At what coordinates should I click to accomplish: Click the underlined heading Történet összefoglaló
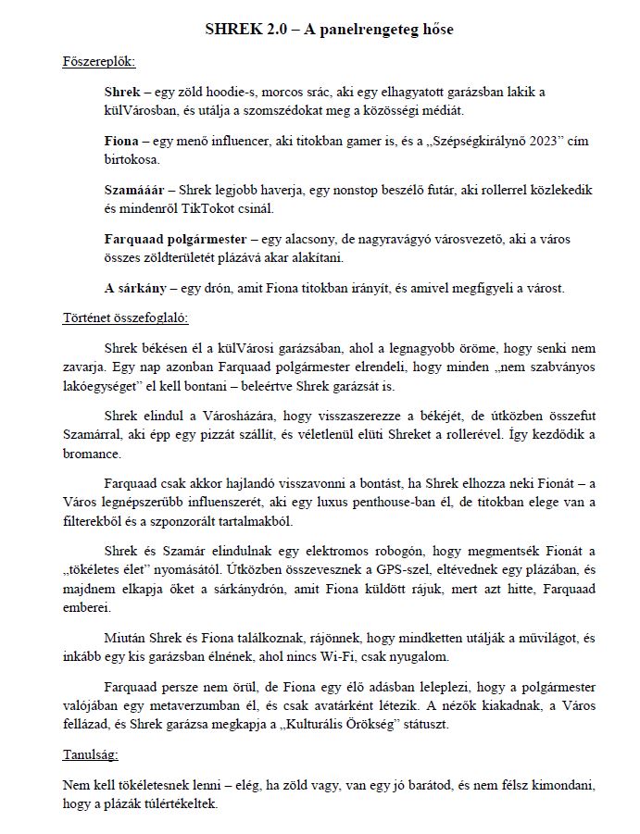pyautogui.click(x=119, y=317)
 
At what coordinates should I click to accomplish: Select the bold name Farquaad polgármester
pyautogui.click(x=175, y=239)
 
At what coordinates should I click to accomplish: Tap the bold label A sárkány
pyautogui.click(x=136, y=288)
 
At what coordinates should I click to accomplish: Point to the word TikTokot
pyautogui.click(x=228, y=206)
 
